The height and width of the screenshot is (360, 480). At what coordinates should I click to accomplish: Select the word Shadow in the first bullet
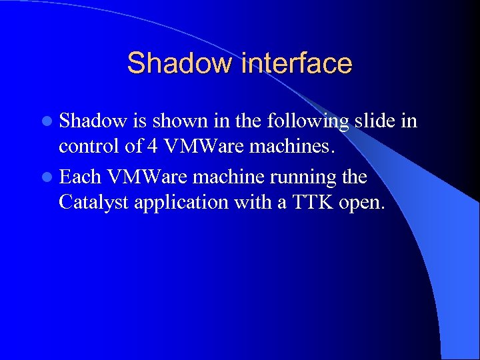93,121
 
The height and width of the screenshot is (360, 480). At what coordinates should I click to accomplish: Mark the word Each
81,177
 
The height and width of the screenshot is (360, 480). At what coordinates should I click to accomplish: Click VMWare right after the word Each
147,177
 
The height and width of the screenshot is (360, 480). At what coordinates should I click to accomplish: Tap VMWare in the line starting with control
205,147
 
